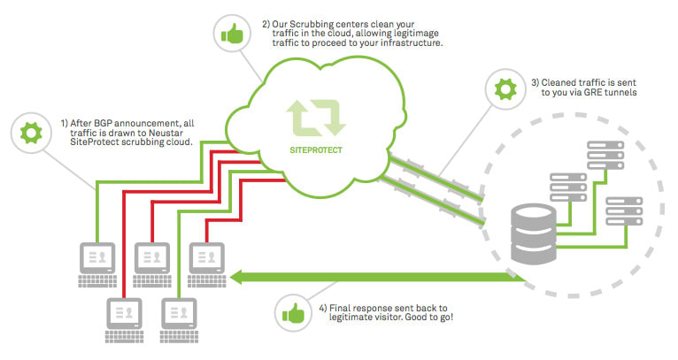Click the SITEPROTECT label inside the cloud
point(316,149)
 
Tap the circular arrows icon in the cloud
point(315,119)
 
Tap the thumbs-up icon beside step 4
point(291,312)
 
